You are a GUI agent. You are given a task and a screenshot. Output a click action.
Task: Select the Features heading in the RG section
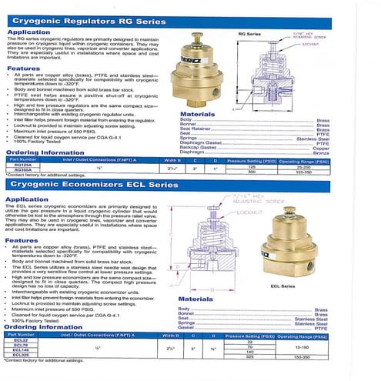point(23,69)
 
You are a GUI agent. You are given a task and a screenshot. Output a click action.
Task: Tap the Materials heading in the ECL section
point(196,299)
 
